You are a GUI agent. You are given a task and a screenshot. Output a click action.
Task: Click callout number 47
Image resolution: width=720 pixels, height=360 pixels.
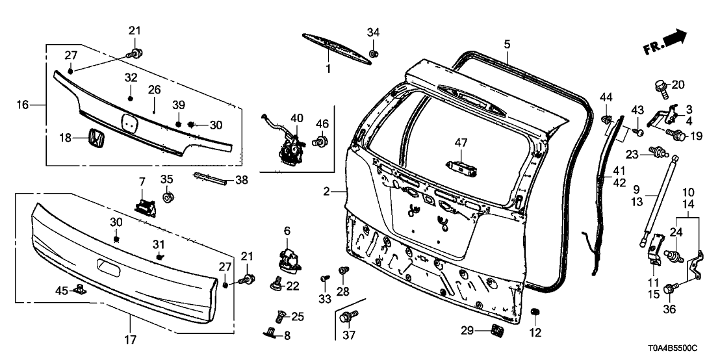461,142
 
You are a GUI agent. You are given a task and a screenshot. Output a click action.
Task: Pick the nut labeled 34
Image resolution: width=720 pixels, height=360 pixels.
374,53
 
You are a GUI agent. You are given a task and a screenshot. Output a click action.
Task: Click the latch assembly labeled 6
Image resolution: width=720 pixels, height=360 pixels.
288,258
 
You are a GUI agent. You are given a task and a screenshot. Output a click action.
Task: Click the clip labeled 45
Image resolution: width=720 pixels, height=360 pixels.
81,289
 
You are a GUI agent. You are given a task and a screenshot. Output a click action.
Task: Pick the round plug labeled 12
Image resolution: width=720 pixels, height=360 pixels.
535,315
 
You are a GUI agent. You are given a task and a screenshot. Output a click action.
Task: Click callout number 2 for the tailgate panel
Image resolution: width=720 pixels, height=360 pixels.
328,191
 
